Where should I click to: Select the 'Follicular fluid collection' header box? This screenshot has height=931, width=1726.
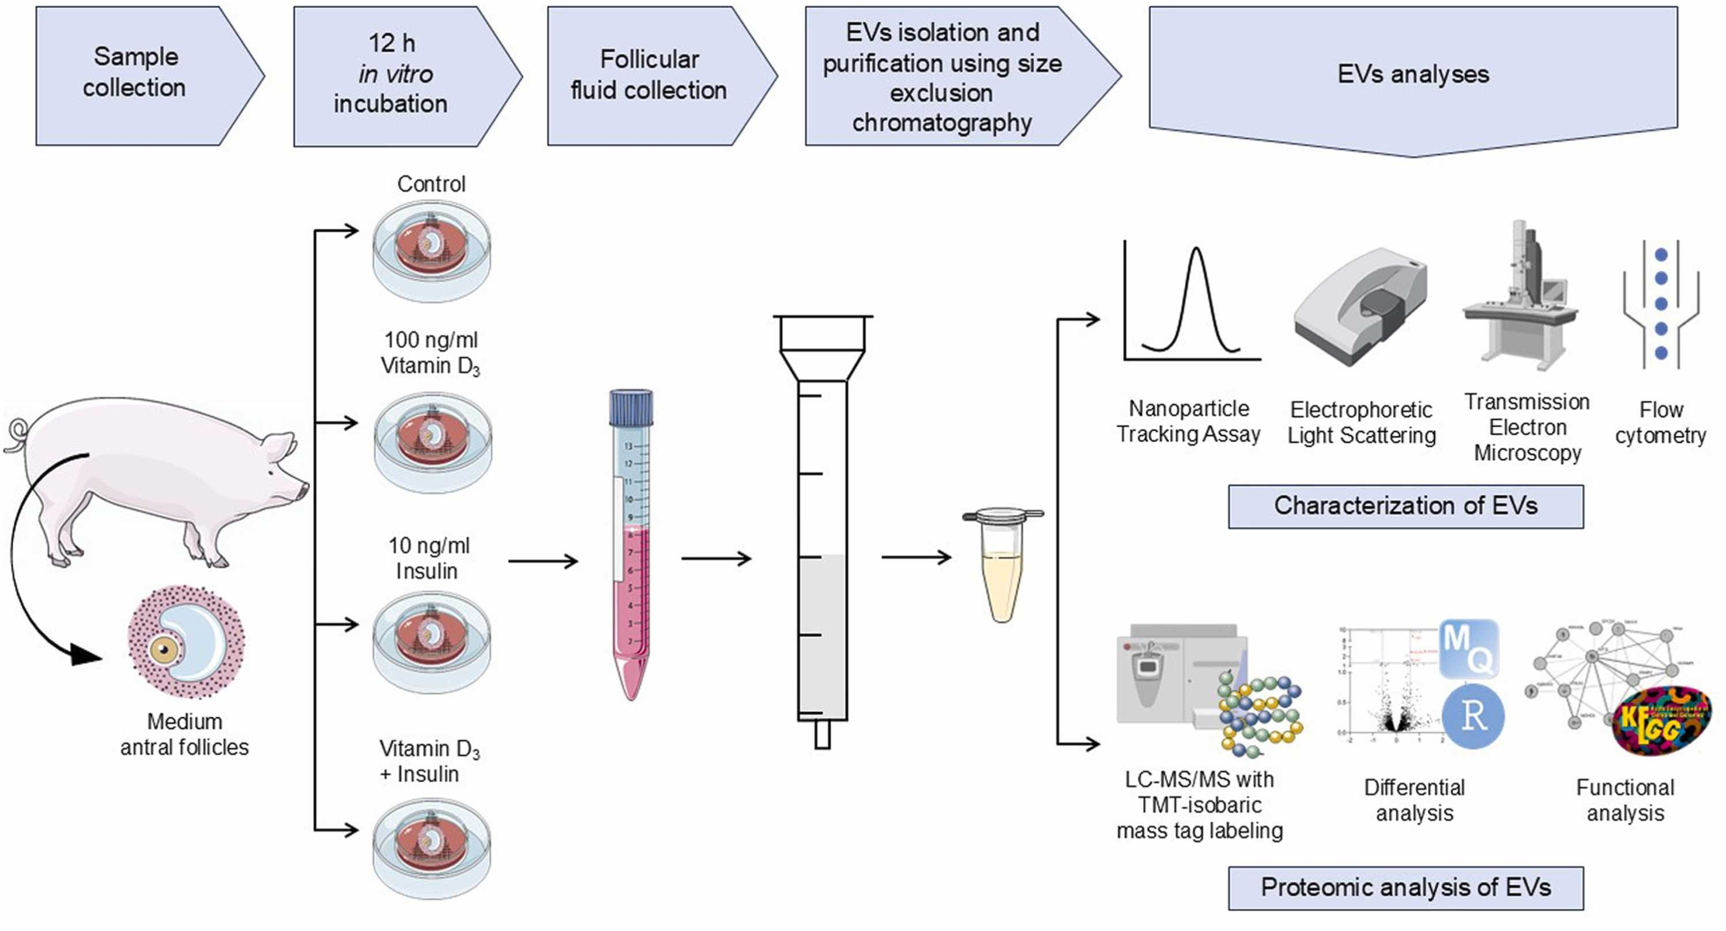tap(649, 75)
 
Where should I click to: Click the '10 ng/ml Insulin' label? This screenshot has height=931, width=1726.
tap(429, 558)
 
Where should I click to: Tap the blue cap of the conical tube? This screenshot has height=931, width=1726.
tap(631, 407)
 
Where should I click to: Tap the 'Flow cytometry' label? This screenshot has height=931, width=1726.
tap(1660, 422)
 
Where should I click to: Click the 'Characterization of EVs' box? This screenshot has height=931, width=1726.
tap(1405, 506)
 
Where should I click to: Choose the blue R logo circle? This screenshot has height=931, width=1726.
tap(1473, 715)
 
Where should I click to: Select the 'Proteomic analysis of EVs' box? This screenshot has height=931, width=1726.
tap(1405, 887)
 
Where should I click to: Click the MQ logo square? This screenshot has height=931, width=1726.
tap(1469, 648)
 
